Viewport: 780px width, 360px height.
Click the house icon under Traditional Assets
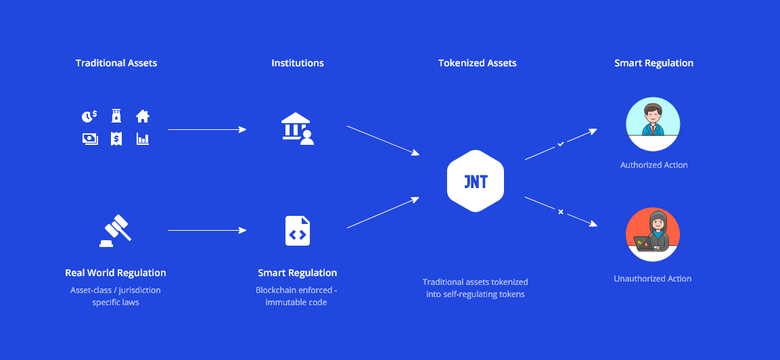[x=142, y=116]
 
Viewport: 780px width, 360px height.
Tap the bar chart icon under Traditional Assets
[x=142, y=139]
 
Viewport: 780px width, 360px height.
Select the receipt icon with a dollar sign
[x=116, y=139]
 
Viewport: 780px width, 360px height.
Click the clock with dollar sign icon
[x=89, y=116]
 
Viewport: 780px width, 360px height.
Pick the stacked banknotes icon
[x=89, y=139]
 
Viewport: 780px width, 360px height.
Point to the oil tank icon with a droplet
[x=116, y=116]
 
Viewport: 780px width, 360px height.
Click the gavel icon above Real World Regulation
[x=116, y=231]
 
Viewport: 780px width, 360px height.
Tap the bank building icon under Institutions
[x=298, y=129]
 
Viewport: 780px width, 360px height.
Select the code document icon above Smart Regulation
[x=298, y=231]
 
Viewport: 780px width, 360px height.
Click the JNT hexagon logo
[x=476, y=181]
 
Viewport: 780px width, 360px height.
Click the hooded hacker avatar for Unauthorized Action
[x=653, y=234]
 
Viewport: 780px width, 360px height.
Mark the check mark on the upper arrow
[x=560, y=144]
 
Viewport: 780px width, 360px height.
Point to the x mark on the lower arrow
[x=560, y=212]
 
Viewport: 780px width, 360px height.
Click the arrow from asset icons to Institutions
[x=207, y=129]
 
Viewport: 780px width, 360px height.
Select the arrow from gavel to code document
[x=207, y=231]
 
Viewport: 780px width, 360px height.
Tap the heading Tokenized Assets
[x=477, y=63]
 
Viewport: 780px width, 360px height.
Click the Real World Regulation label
[x=116, y=273]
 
